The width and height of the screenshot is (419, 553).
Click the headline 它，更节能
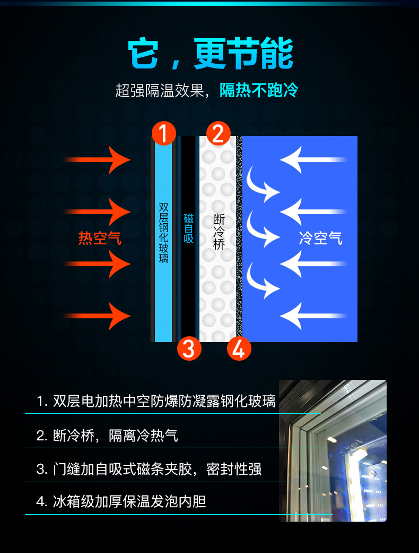pyautogui.click(x=211, y=54)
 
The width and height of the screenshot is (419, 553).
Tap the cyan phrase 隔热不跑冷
pyautogui.click(x=259, y=90)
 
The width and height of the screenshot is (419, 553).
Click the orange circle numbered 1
pyautogui.click(x=164, y=133)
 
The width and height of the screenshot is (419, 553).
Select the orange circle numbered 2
pyautogui.click(x=218, y=133)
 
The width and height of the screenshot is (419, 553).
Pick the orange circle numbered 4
pyautogui.click(x=238, y=348)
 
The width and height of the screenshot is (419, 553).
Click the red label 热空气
pyautogui.click(x=100, y=238)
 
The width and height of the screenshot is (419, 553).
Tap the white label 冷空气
pyautogui.click(x=321, y=238)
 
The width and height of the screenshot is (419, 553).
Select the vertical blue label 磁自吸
pyautogui.click(x=189, y=228)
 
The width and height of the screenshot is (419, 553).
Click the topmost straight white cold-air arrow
pyautogui.click(x=313, y=159)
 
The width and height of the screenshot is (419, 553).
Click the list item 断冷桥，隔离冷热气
pyautogui.click(x=107, y=436)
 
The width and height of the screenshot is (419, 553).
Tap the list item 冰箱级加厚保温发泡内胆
pyautogui.click(x=121, y=501)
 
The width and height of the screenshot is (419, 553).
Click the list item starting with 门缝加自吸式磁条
pyautogui.click(x=149, y=469)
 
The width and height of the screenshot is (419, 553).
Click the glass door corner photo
pyautogui.click(x=333, y=450)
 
